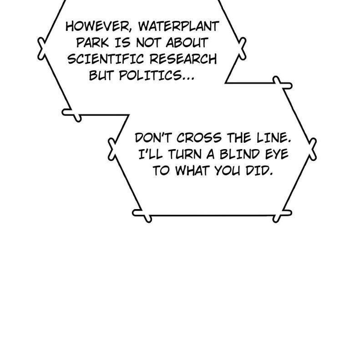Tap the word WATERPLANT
click(x=179, y=26)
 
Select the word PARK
click(x=92, y=42)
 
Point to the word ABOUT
click(x=187, y=42)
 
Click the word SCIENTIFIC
click(x=106, y=59)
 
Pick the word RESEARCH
click(x=183, y=59)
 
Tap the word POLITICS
click(x=150, y=75)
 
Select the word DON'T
click(x=153, y=138)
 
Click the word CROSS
click(x=199, y=138)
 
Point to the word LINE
click(x=274, y=138)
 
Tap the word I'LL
click(x=151, y=154)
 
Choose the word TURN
click(x=185, y=154)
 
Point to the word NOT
click(x=148, y=42)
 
